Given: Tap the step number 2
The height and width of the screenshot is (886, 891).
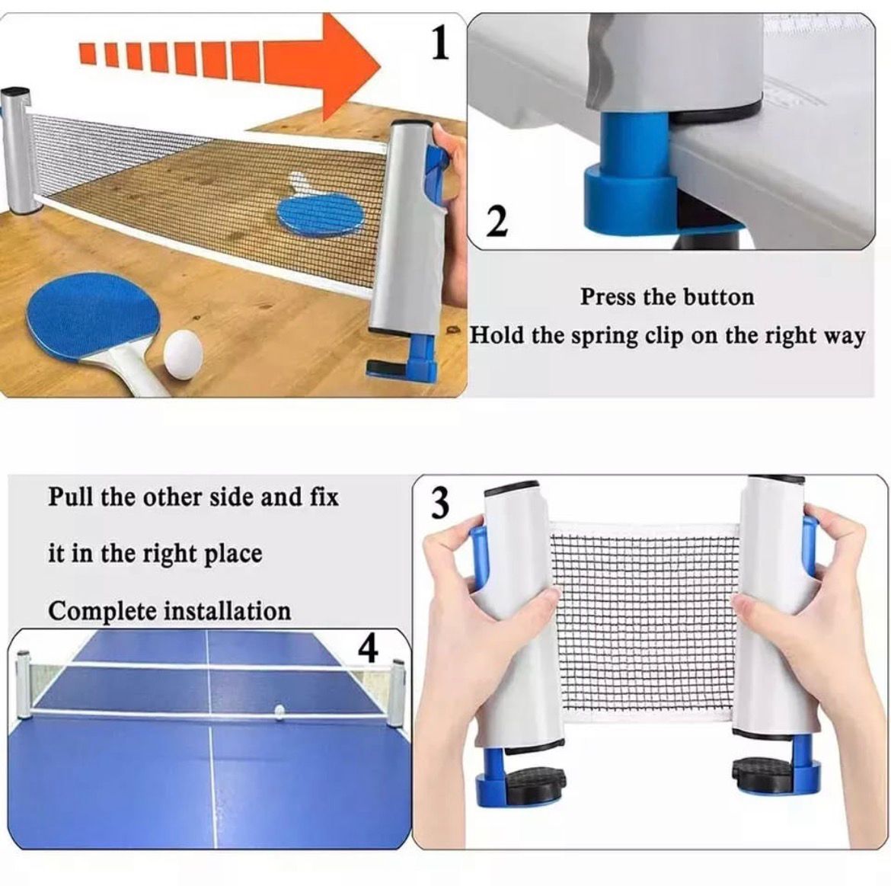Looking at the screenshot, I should [x=496, y=222].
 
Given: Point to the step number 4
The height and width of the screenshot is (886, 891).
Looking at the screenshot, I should [x=368, y=648].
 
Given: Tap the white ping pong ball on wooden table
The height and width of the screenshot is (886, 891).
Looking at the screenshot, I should [x=184, y=351].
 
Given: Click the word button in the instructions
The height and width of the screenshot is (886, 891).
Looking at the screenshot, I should [x=718, y=296].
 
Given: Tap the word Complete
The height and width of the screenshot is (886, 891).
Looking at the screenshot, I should [x=103, y=612].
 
